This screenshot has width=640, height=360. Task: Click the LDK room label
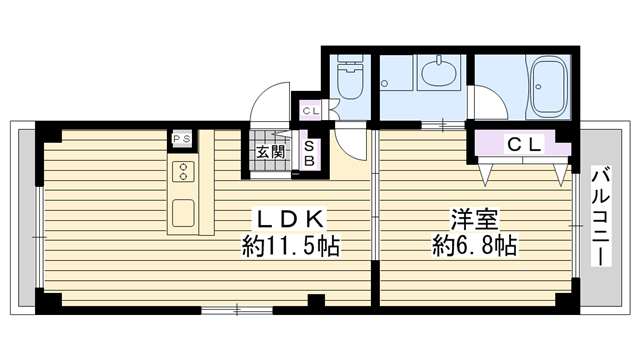[290, 220]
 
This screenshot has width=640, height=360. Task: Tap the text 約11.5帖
[291, 246]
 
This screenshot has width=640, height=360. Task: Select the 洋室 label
[475, 220]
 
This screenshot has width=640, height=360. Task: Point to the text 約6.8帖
[475, 246]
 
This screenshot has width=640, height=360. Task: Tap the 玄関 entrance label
[270, 152]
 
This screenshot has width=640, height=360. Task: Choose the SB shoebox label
[309, 153]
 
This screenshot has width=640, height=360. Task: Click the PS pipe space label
[182, 139]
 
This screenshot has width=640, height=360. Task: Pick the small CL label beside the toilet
[311, 111]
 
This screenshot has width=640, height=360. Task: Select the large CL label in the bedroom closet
[524, 144]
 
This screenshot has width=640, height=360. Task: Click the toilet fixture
[350, 77]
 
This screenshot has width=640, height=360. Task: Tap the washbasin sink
[439, 73]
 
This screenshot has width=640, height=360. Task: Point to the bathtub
[548, 87]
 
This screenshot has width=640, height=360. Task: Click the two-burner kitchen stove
[183, 172]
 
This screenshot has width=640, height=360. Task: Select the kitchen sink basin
[183, 213]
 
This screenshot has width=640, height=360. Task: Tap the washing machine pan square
[396, 73]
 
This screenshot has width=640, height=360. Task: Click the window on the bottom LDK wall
[237, 311]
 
